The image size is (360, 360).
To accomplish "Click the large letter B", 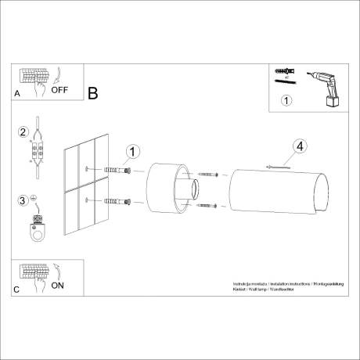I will (x=92, y=94).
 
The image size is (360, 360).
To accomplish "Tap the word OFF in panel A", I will (x=60, y=89).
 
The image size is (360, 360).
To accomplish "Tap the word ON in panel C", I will (x=57, y=286).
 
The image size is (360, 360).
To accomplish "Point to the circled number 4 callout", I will (x=301, y=146).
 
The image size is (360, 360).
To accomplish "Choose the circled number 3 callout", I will (x=24, y=200).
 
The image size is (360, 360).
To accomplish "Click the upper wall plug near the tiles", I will (x=115, y=171).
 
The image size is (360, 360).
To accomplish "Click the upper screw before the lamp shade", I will (x=207, y=175).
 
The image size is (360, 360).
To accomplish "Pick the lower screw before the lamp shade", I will (x=207, y=204).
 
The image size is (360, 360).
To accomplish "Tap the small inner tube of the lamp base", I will (x=193, y=189).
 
